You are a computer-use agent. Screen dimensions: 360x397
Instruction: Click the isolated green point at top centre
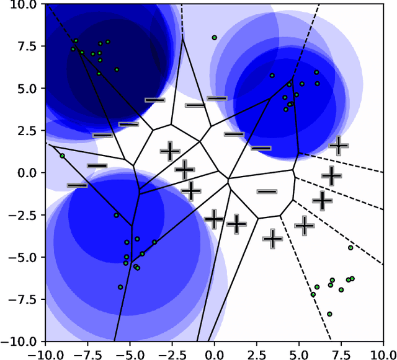pos(215,38)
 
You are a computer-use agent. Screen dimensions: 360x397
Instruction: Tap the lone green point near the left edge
pos(62,156)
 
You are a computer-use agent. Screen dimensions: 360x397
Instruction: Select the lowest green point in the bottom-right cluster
pos(329,314)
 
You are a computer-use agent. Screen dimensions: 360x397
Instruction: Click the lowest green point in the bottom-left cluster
pos(120,288)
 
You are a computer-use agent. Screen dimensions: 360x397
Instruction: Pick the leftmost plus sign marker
pos(169,151)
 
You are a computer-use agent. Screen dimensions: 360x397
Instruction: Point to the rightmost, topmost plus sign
pos(339,146)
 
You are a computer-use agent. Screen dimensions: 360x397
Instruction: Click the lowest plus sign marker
pos(272,238)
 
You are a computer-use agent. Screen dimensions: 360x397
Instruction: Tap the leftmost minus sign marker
pos(78,185)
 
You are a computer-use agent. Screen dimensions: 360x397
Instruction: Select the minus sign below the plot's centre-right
pos(267,191)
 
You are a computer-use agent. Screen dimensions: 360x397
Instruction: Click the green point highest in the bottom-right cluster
pos(350,248)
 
